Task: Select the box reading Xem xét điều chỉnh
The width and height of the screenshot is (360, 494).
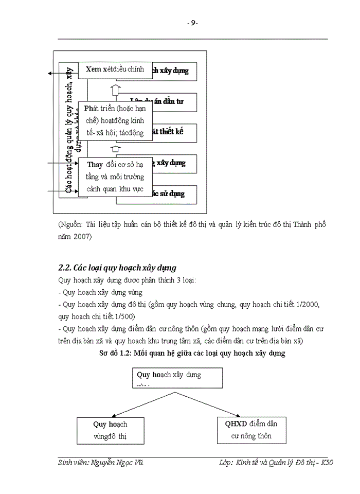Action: point(115,69)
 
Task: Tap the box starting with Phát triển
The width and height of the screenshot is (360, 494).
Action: point(115,121)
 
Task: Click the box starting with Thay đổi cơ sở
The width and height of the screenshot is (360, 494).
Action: point(115,177)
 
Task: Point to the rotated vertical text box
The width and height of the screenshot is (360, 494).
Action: point(68,129)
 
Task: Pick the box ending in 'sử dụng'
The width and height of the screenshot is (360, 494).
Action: point(175,194)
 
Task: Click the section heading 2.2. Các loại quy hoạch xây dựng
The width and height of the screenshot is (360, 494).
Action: point(117,268)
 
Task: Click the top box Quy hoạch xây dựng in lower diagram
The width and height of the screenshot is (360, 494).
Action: point(178,378)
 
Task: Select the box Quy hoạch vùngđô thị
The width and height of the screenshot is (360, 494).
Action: point(110,430)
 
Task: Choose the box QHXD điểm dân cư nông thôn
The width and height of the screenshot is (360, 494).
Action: point(251,430)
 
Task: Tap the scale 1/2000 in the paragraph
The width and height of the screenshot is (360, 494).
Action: point(308,305)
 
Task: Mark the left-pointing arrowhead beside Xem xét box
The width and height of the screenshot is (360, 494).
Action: point(50,74)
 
